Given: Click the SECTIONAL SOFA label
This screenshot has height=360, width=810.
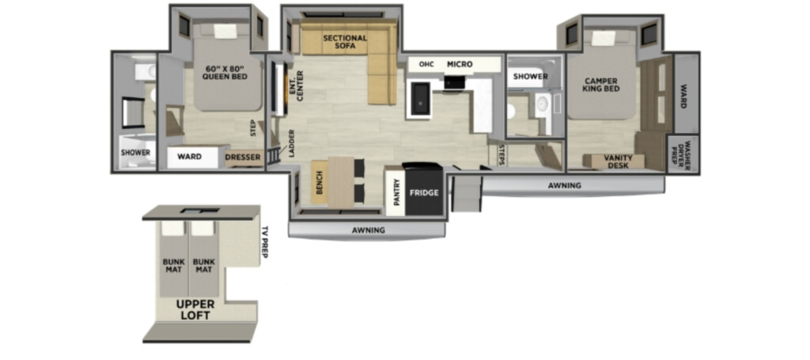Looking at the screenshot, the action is [x=345, y=42].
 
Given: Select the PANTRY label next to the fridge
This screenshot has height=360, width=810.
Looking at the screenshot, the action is [x=397, y=192].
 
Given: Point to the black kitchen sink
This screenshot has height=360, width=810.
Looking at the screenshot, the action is [x=419, y=99].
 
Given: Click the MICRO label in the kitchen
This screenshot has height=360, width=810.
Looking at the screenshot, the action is [x=460, y=65].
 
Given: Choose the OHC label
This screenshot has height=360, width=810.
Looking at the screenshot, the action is [x=426, y=65].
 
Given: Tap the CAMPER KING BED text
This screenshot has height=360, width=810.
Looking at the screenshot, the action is [x=601, y=85].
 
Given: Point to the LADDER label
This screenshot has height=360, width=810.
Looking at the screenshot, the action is [x=292, y=143].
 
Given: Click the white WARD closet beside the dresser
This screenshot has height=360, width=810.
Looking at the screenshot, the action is [x=193, y=157].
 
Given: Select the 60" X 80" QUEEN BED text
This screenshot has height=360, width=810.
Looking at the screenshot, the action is [x=227, y=73].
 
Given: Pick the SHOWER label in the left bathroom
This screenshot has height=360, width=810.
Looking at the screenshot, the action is [x=135, y=153].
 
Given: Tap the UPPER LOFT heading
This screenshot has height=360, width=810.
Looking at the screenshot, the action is [x=195, y=309].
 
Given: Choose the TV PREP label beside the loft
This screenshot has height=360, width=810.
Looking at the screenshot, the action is [x=266, y=242].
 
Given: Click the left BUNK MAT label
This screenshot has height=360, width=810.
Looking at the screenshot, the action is [x=173, y=266].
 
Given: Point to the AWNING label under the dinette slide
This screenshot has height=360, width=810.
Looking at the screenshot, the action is [x=369, y=230].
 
